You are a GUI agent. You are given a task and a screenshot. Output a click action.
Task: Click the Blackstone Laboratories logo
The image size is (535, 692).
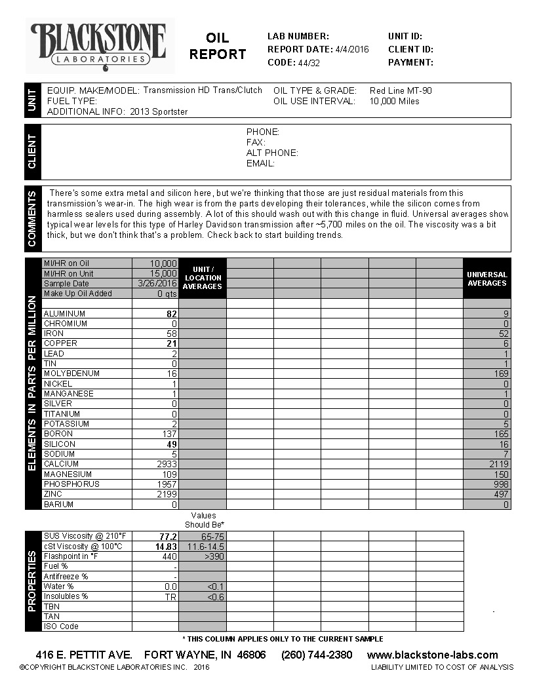pos(99,45)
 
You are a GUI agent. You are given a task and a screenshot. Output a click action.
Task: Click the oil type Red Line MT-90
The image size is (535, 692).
pos(401,90)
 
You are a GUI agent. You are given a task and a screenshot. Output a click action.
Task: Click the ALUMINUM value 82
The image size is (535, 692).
pos(172,314)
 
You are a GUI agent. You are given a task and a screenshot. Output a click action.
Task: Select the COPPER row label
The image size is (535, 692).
pos(60,343)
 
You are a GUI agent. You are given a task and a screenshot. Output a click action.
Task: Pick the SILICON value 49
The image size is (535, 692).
pos(172,444)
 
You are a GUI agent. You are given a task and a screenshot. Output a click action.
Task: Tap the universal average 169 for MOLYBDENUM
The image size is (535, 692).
pos(501,374)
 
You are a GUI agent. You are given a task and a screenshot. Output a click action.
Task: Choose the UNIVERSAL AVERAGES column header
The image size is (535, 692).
pos(486,279)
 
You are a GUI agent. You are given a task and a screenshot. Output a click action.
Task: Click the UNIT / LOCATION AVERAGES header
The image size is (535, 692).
pos(203,278)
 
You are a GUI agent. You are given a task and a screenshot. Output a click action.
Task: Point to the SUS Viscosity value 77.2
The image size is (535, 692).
pos(168,536)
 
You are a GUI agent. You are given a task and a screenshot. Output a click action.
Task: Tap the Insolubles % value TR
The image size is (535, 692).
pos(171,596)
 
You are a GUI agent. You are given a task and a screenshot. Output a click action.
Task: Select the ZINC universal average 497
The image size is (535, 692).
pos(501,494)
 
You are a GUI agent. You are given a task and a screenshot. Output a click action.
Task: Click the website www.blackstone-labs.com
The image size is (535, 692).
pos(432,655)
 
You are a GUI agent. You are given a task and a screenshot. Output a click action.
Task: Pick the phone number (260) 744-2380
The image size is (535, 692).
pos(317,655)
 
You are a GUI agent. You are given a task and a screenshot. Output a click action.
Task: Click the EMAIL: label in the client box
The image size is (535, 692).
pos(260,163)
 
